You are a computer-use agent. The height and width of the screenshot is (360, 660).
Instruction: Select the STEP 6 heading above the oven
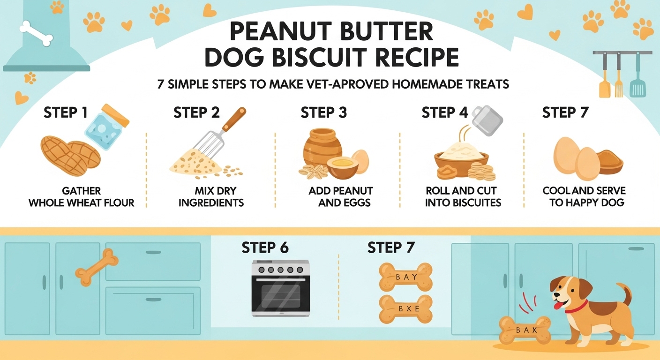coord(265,247)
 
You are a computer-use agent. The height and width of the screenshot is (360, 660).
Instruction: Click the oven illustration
coord(280,288)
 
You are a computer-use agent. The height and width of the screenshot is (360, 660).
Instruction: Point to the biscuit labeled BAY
coord(405,277)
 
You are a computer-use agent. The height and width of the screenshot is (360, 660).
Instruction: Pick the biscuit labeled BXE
coord(405,309)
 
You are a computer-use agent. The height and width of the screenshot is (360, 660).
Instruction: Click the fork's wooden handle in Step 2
coord(234,119)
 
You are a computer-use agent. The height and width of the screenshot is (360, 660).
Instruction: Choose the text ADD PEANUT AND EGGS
coord(340,197)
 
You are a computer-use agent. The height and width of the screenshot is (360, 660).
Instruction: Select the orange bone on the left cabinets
coord(97,267)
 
